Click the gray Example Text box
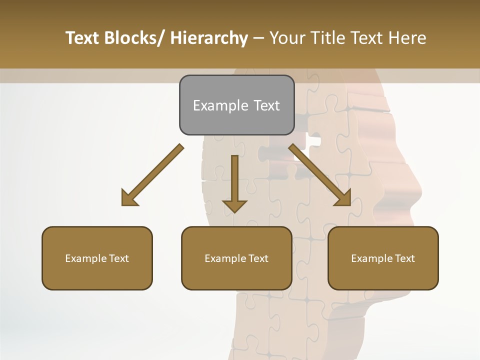[x=236, y=105]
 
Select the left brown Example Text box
[x=97, y=258]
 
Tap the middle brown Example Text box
[x=236, y=258]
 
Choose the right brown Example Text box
[x=383, y=258]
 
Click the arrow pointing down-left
[x=152, y=175]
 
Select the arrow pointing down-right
[x=320, y=175]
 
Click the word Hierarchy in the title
[x=209, y=38]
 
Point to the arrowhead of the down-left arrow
[x=128, y=198]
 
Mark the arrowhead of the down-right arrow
[x=343, y=198]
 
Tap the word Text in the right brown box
[x=404, y=258]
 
